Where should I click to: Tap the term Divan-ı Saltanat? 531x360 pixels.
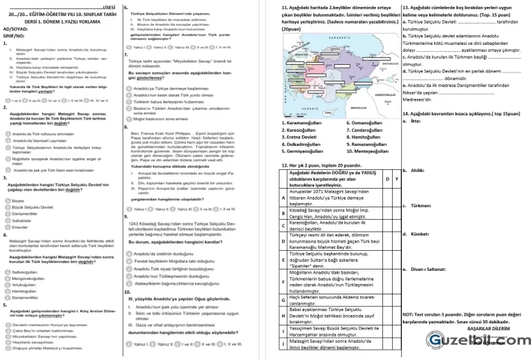pyautogui.click(x=422, y=267)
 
